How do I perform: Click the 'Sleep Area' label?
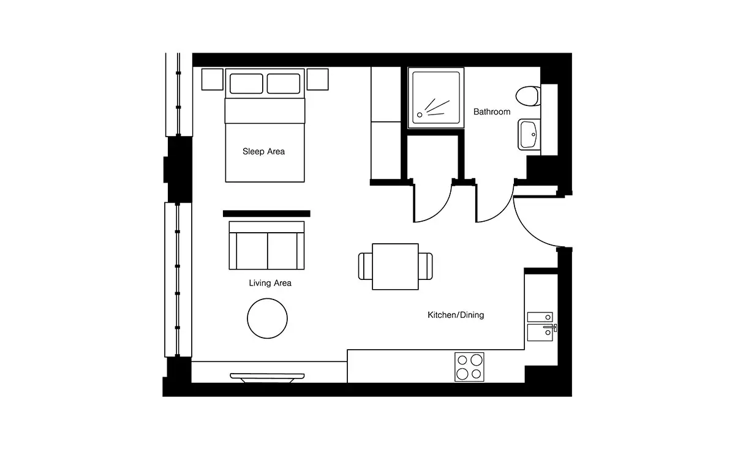263,151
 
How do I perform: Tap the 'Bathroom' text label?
491,111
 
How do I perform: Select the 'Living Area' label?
269,283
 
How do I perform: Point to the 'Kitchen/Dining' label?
456,315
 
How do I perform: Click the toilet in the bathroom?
527,96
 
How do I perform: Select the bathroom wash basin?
529,135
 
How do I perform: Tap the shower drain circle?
420,115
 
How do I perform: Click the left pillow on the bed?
246,83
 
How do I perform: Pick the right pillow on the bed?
284,83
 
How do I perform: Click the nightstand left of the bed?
213,79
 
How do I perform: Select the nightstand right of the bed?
318,79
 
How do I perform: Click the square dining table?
395,266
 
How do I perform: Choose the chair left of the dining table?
366,266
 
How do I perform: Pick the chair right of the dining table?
426,266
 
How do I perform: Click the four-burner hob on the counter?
469,367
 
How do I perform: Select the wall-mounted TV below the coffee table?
267,378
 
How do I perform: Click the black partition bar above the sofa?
266,214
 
